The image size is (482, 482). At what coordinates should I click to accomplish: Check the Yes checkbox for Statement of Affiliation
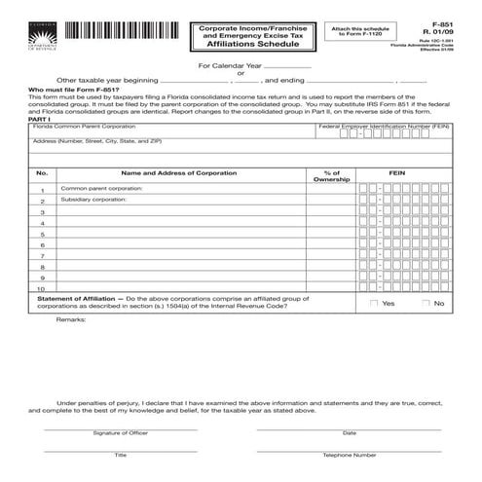(x=374, y=304)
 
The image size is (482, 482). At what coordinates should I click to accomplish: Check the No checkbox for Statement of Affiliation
(x=426, y=304)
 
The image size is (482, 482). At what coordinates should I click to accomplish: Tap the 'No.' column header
(x=42, y=172)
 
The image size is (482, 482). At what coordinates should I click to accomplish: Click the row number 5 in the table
(x=42, y=235)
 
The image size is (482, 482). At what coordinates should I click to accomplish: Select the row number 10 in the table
(x=42, y=289)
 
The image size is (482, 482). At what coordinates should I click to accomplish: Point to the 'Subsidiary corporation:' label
(x=93, y=200)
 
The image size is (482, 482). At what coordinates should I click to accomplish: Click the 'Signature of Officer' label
(x=120, y=432)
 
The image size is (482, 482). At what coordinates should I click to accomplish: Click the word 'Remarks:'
(x=70, y=319)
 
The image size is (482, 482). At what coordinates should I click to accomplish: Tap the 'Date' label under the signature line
(x=350, y=432)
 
